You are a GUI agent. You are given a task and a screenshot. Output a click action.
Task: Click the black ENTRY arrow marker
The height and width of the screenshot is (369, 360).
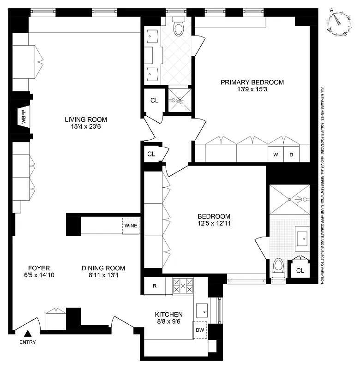coord(28,333)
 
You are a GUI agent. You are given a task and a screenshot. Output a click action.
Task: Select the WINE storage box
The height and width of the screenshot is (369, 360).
coord(130,226)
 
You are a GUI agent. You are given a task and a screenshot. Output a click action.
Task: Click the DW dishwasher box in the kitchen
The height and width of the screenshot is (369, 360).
coord(200,330)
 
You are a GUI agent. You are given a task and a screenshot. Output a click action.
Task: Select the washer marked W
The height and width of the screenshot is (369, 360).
coord(276,155)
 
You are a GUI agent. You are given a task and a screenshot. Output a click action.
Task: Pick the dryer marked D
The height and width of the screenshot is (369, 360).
coord(291,155)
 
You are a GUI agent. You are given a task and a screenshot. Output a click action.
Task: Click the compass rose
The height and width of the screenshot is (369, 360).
coord(340,24)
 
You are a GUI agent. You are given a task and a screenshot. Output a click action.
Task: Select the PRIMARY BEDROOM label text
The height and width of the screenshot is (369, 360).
coord(252,82)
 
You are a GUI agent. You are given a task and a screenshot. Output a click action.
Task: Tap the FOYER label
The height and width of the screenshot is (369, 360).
coord(39,268)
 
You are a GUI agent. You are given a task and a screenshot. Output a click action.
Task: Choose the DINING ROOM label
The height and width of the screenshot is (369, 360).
coord(103,268)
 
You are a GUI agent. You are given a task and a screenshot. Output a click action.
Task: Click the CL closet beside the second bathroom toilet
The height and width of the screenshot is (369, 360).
coord(300,271)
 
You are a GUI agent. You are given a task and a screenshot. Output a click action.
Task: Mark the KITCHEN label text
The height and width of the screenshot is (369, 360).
coord(168,315)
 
